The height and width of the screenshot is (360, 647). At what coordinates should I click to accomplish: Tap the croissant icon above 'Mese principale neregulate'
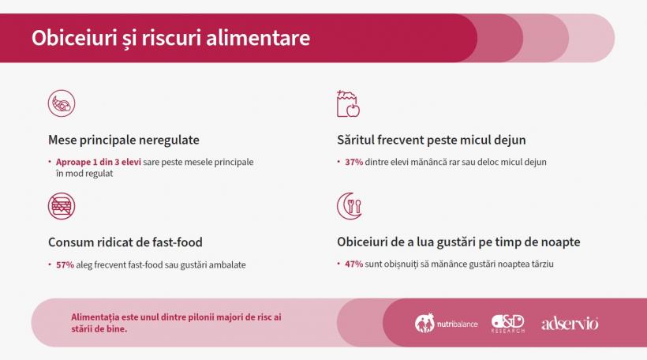[x=62, y=104]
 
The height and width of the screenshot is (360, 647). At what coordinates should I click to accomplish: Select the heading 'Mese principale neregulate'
[x=123, y=140]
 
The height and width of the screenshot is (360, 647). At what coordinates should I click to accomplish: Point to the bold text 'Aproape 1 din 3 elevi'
[x=99, y=162]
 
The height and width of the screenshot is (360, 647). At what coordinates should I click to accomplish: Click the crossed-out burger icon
[x=62, y=206]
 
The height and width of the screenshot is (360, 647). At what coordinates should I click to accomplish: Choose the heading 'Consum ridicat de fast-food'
[x=130, y=242]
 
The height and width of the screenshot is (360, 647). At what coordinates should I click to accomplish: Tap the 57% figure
[x=65, y=264]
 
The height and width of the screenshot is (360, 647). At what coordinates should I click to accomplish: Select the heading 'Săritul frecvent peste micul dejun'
[x=431, y=140]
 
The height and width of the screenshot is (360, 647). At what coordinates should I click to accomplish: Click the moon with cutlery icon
[x=349, y=206]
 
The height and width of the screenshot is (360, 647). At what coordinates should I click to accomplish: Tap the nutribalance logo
[x=447, y=324]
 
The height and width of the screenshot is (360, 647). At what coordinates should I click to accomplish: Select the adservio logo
[x=570, y=324]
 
